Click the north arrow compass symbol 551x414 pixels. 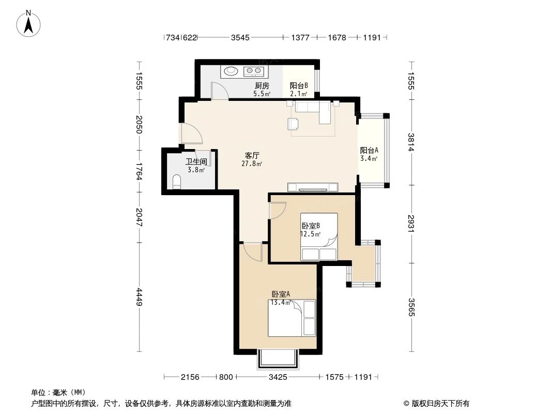(x=28, y=23)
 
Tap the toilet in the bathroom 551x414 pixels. (x=177, y=182)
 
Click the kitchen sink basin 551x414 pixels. (x=231, y=71)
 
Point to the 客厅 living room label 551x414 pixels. (x=252, y=155)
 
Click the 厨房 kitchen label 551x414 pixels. (x=262, y=85)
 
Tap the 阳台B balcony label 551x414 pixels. (x=299, y=85)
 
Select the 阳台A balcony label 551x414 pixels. (x=369, y=150)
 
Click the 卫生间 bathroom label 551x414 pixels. (x=196, y=162)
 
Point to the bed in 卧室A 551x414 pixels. (x=292, y=318)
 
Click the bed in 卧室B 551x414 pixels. (x=319, y=236)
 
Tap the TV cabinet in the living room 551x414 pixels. (x=312, y=187)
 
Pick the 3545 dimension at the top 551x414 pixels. (x=240, y=37)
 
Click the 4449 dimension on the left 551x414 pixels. (x=140, y=297)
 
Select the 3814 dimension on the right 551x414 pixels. (x=411, y=142)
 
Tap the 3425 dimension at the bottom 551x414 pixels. (x=278, y=377)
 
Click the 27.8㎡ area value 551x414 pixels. (x=252, y=163)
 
